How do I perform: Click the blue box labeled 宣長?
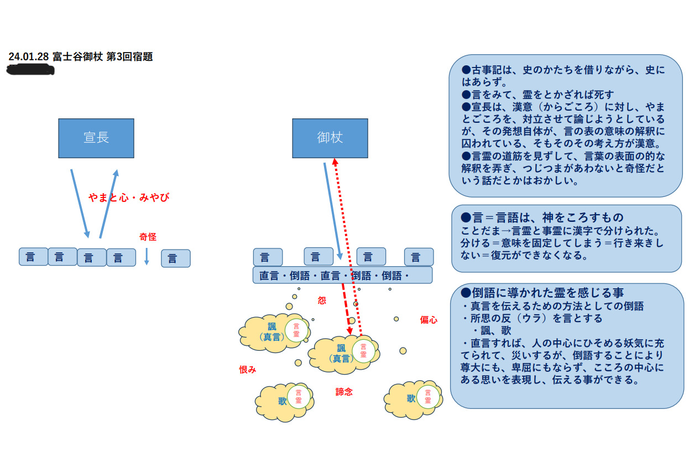pyautogui.click(x=96, y=138)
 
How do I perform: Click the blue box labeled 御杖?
pyautogui.click(x=330, y=138)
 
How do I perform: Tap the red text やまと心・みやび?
pyautogui.click(x=128, y=198)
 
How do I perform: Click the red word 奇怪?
pyautogui.click(x=148, y=237)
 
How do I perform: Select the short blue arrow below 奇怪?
pyautogui.click(x=147, y=256)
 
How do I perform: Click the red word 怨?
pyautogui.click(x=322, y=300)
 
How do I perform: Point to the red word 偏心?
pyautogui.click(x=429, y=320)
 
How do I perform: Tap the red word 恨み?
pyautogui.click(x=247, y=370)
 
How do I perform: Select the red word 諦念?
pyautogui.click(x=344, y=392)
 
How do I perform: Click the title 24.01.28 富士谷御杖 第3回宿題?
pyautogui.click(x=80, y=56)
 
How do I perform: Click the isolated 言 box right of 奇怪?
pyautogui.click(x=175, y=258)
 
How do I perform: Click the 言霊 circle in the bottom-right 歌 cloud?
pyautogui.click(x=427, y=397)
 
